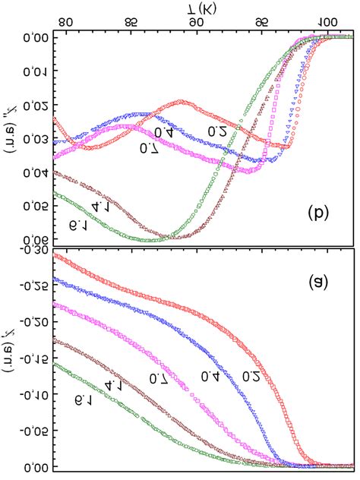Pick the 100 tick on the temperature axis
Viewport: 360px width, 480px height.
327,22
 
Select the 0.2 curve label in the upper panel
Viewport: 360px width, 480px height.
219,131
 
